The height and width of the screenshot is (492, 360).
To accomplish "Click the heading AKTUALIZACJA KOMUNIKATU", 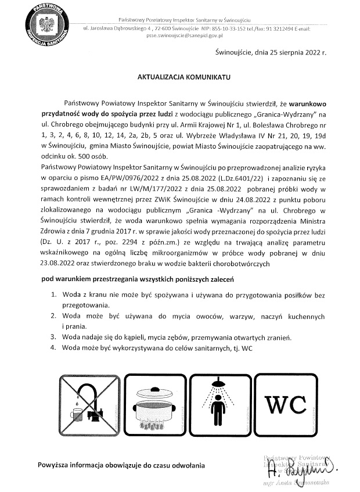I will click(183, 76).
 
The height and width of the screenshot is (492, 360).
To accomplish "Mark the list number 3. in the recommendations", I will click(53, 337).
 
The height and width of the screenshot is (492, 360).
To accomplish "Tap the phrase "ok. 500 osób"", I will click(99, 155).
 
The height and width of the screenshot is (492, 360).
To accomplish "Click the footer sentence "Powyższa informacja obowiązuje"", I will click(121, 465).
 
